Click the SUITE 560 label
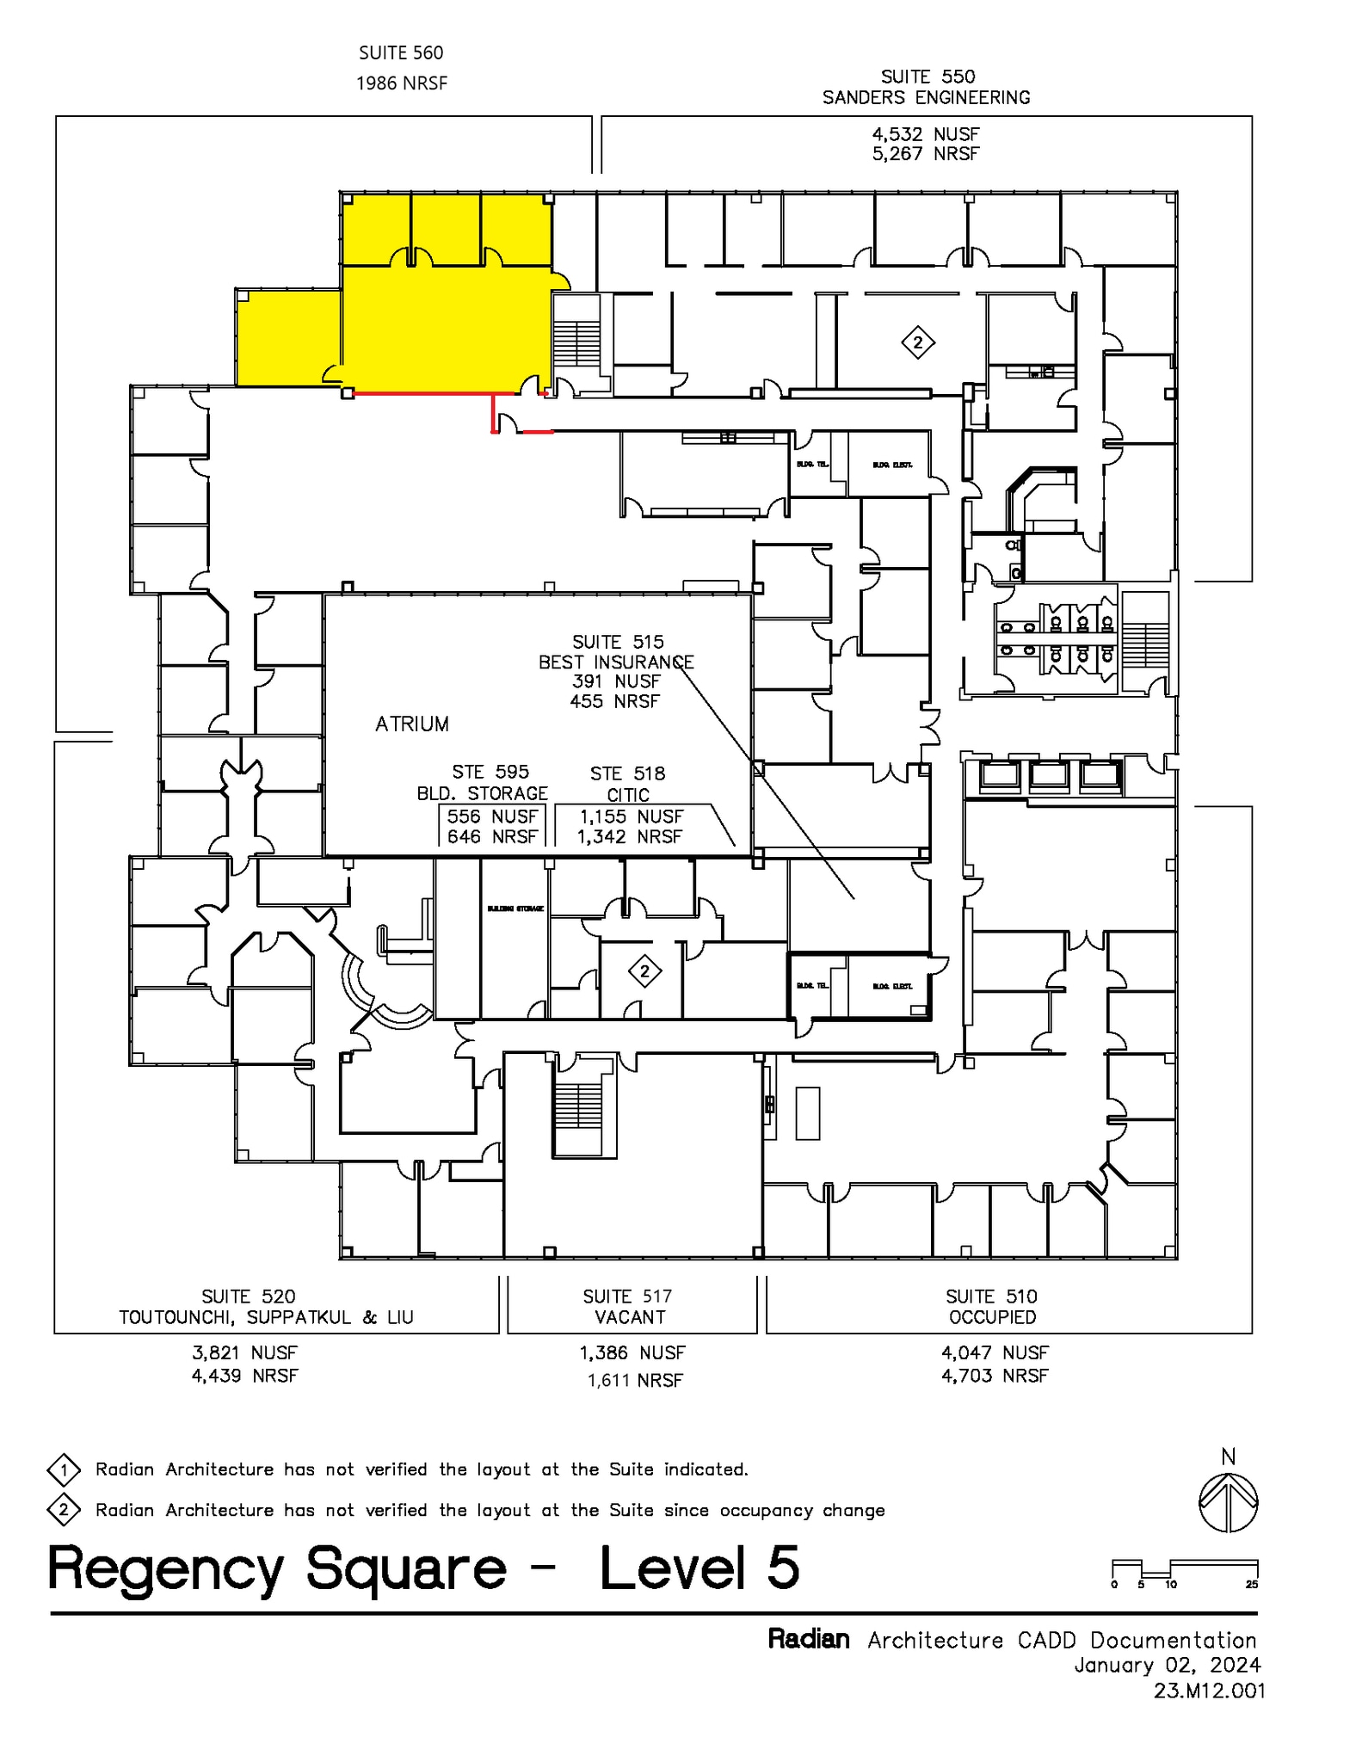point(401,53)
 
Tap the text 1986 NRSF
point(402,83)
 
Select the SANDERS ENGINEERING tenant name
point(926,98)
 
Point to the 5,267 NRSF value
point(926,154)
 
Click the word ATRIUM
point(412,724)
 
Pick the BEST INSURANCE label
point(615,662)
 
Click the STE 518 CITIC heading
point(627,784)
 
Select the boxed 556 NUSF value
point(492,816)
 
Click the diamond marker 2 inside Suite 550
point(918,343)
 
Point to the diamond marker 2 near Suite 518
point(644,972)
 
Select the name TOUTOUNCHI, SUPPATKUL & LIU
point(266,1317)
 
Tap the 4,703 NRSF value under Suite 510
point(995,1376)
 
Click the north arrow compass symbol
point(1228,1502)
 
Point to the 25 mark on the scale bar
point(1251,1584)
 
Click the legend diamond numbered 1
point(64,1470)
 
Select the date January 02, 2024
point(1167,1665)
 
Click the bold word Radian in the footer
point(808,1639)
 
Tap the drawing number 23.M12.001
point(1209,1691)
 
